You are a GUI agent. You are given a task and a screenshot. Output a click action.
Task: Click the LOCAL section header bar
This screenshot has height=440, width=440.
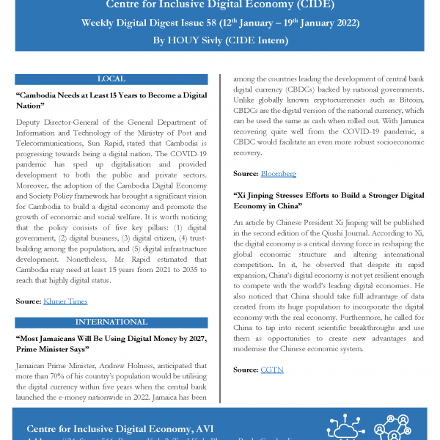[x=111, y=78]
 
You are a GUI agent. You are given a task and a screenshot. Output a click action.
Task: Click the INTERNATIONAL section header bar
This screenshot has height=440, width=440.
[x=111, y=322]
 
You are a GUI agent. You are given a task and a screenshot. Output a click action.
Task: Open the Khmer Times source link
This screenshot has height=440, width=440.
[x=65, y=301]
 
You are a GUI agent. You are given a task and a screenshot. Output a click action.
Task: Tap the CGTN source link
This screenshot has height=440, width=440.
[x=272, y=370]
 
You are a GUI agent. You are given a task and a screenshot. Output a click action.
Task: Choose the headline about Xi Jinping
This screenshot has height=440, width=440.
[x=328, y=201]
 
